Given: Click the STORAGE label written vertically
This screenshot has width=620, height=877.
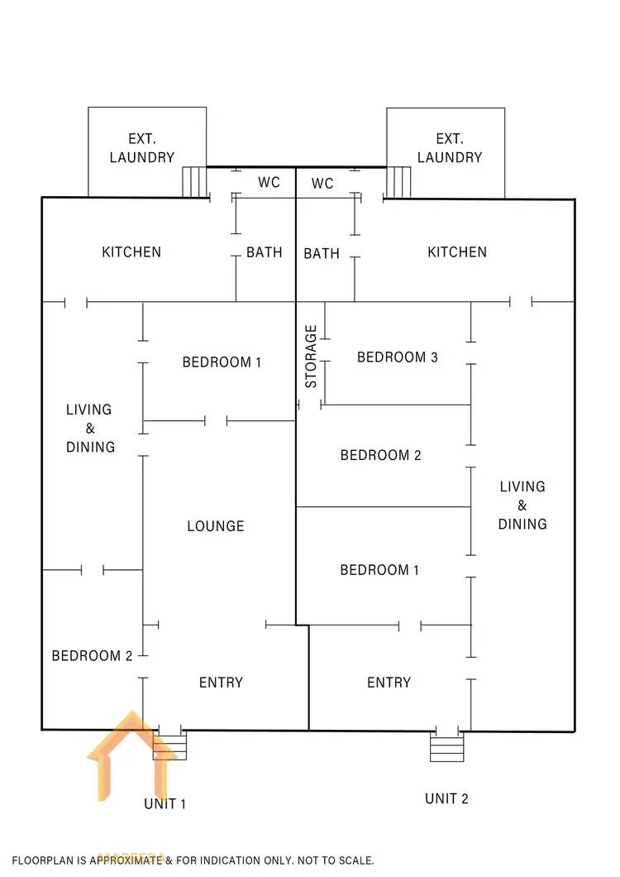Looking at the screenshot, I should coord(311,357).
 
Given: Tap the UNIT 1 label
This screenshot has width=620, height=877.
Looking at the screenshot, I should coord(165,803).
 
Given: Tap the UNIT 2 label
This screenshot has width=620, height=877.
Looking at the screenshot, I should coord(446,798).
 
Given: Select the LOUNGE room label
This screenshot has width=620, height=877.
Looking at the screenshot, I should coord(215,526).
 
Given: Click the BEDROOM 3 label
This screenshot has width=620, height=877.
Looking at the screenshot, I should coord(397,357).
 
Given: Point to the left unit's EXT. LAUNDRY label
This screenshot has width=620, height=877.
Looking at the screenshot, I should coord(141,148).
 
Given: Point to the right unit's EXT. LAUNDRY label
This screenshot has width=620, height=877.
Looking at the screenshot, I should coord(449,148).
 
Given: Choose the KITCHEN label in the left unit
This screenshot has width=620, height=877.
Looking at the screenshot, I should coord(131,252).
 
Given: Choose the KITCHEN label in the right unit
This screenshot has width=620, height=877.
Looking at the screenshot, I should coord(456,252).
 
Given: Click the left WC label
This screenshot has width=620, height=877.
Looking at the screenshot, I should coord(269,183).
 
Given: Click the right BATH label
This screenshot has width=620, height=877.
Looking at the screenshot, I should coord(322,253).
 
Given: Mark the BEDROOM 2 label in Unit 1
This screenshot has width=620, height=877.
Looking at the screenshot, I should coord(92,656).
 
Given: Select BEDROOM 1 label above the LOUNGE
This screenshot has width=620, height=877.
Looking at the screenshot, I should coord(222,362).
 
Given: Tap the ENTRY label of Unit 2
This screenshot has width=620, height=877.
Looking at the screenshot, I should coord(389,683).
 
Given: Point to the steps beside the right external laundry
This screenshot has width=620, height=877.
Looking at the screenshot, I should coord(398,182).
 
